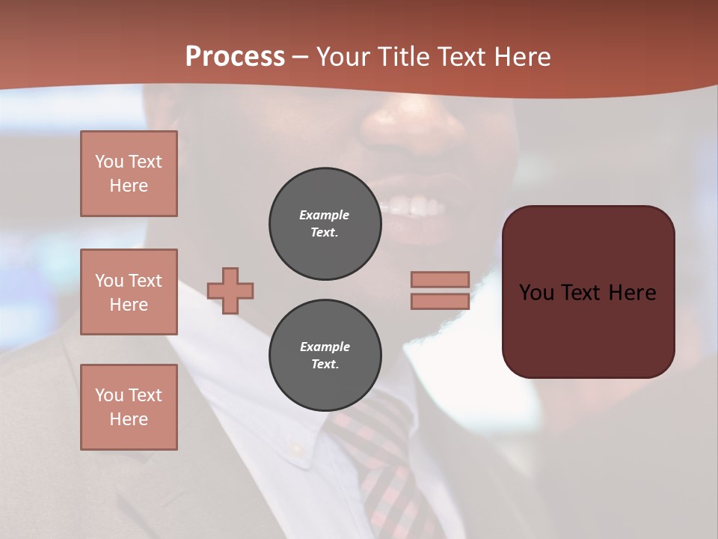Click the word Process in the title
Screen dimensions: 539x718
pyautogui.click(x=235, y=57)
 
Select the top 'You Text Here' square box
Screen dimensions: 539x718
pyautogui.click(x=129, y=174)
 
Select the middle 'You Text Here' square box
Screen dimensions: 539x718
pyautogui.click(x=129, y=292)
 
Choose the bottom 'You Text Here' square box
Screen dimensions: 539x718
pyautogui.click(x=129, y=407)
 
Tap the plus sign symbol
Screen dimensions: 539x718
pyautogui.click(x=230, y=290)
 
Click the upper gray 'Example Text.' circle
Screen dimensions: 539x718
pyautogui.click(x=325, y=224)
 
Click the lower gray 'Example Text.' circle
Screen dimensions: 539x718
pyautogui.click(x=325, y=356)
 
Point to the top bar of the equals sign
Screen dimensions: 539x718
pyautogui.click(x=441, y=279)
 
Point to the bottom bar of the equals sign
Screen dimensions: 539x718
pyautogui.click(x=441, y=301)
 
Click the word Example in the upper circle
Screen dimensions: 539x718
pyautogui.click(x=325, y=215)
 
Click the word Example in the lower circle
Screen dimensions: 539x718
pyautogui.click(x=325, y=347)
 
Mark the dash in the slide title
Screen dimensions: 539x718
pyautogui.click(x=301, y=57)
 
